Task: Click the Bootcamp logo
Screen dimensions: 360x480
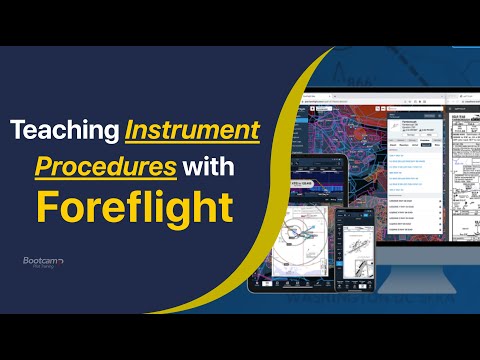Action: tap(42, 262)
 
